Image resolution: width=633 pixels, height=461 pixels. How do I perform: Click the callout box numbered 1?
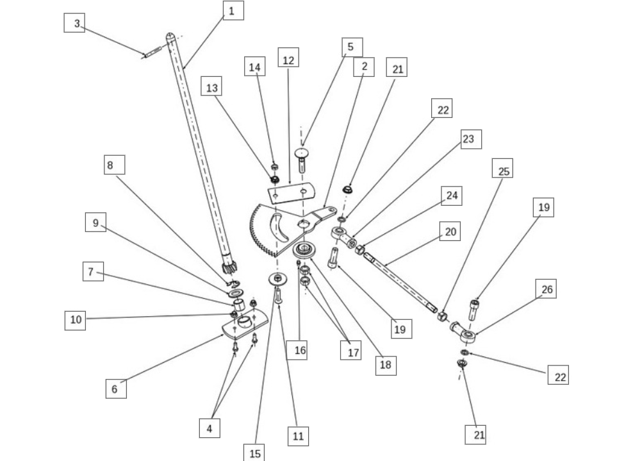(x=233, y=10)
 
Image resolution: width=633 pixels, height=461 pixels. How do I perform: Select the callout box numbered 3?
(x=77, y=24)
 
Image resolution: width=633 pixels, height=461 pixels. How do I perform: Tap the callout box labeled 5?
(x=350, y=47)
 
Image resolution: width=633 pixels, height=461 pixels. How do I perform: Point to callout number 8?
(x=115, y=165)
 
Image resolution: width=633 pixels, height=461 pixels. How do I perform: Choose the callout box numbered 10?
(x=76, y=319)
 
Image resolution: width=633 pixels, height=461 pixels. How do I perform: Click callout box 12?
(x=288, y=60)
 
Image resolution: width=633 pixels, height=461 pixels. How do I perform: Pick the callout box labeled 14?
(x=255, y=67)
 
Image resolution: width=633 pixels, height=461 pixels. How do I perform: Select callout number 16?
(x=300, y=350)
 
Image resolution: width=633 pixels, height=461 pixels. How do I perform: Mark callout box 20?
(x=450, y=231)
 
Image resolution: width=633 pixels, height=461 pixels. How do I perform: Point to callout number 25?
(x=502, y=171)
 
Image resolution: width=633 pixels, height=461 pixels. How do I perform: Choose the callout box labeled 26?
(x=547, y=290)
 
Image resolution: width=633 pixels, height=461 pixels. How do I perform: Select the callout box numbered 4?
(x=209, y=428)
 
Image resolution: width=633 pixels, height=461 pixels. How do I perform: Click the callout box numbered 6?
(x=115, y=389)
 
